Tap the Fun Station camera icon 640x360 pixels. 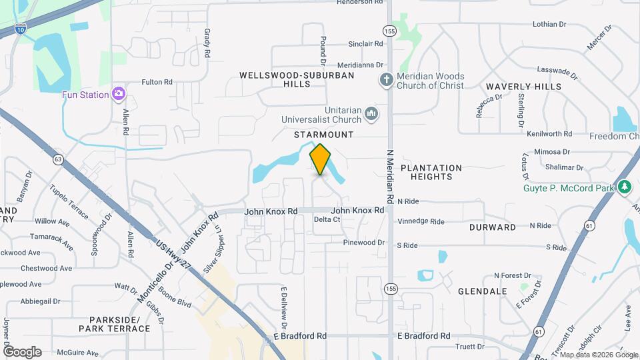click(119, 93)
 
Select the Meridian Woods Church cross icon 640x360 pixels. click(385, 80)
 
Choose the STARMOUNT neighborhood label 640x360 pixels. click(323, 135)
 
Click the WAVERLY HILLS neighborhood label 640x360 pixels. click(523, 87)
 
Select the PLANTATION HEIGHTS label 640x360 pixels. click(431, 172)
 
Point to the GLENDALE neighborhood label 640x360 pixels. click(483, 291)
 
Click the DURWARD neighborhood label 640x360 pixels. click(493, 227)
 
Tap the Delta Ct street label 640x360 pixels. click(327, 219)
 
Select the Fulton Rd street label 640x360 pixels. click(157, 82)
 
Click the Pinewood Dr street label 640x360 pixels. click(365, 243)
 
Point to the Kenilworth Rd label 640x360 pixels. click(549, 134)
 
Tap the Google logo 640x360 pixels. click(23, 352)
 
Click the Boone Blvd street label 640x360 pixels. click(175, 297)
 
